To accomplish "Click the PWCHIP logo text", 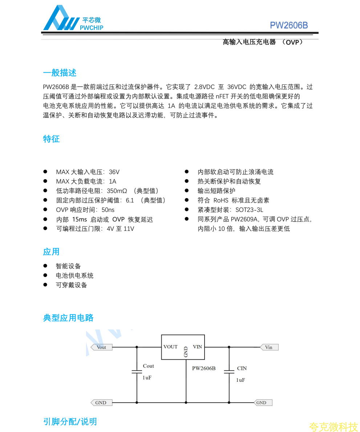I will [x=91, y=28].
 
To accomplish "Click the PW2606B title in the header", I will [x=289, y=25].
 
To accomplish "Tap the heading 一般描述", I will [x=60, y=73].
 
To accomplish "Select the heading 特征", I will [x=51, y=139].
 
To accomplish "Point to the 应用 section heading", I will [x=51, y=252].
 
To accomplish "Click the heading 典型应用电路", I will [x=68, y=317].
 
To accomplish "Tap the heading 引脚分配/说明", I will [x=70, y=421].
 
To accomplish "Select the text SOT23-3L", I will [x=249, y=210].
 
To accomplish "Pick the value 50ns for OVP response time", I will [x=108, y=210].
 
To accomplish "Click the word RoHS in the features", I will [x=221, y=200].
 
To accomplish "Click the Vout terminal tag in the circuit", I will [x=101, y=347].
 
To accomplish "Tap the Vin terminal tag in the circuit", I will [x=269, y=347].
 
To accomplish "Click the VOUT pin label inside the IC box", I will [x=170, y=347].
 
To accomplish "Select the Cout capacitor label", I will [x=148, y=366].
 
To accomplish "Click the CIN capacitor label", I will [x=242, y=368].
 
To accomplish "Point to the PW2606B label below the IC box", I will [x=204, y=368].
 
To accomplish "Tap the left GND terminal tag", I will [x=101, y=403].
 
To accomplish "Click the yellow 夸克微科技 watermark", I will [x=333, y=427].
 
